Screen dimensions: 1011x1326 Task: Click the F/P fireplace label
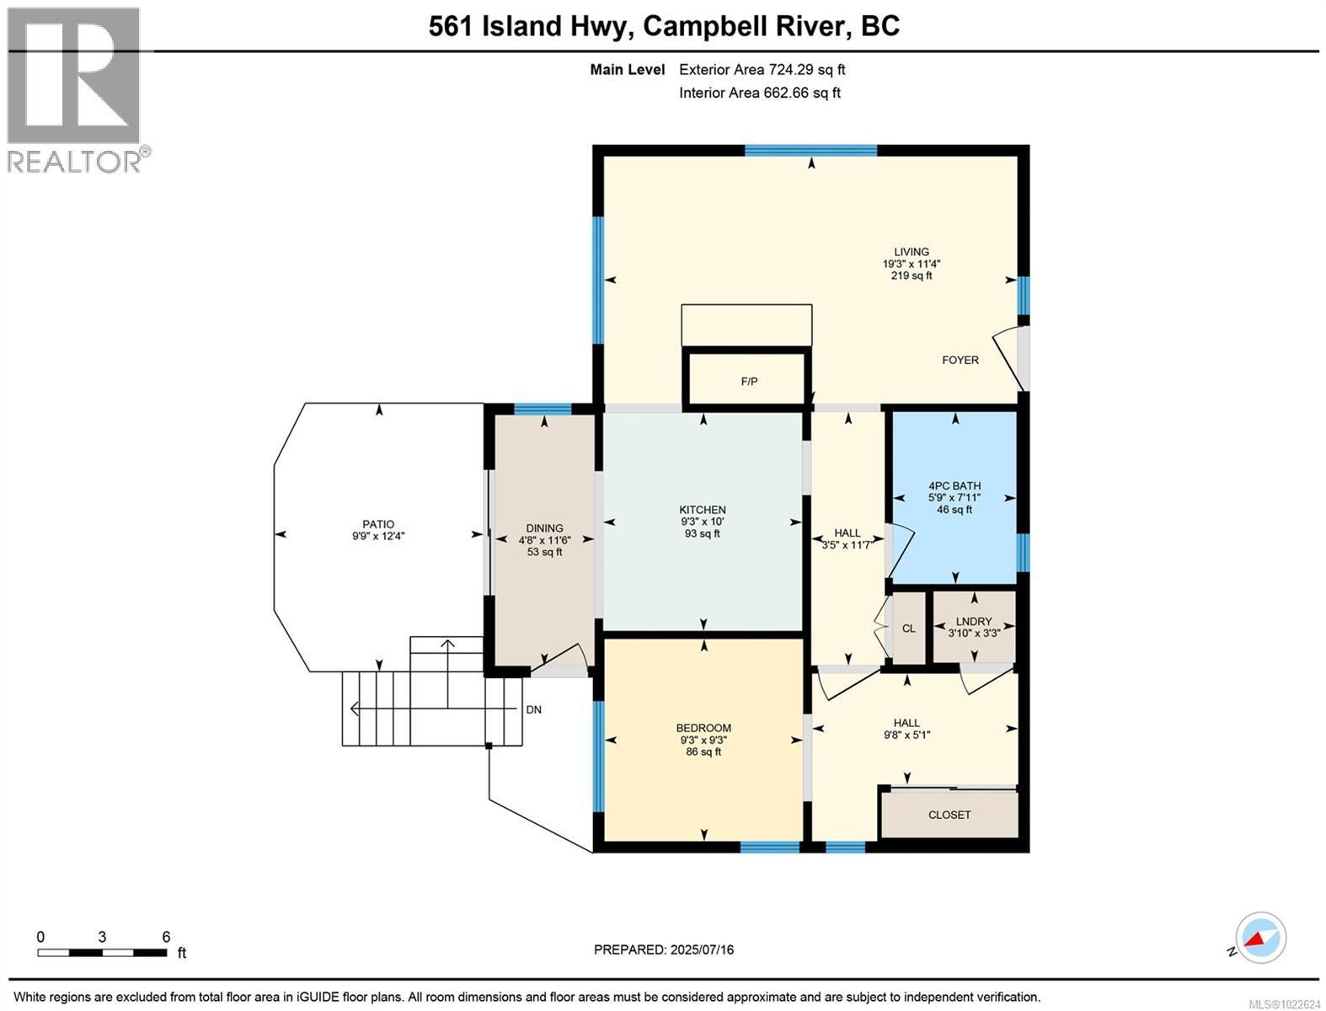pyautogui.click(x=749, y=382)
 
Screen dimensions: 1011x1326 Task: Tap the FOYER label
pyautogui.click(x=960, y=360)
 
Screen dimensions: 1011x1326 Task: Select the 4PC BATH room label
pyautogui.click(x=954, y=486)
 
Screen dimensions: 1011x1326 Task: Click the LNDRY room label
pyautogui.click(x=974, y=622)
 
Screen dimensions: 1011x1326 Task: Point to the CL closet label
pyautogui.click(x=908, y=629)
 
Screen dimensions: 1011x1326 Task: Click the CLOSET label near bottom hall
pyautogui.click(x=949, y=815)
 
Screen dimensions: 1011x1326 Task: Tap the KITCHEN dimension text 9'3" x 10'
pyautogui.click(x=702, y=522)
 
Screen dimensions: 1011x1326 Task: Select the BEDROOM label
pyautogui.click(x=703, y=728)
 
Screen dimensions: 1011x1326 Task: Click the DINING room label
pyautogui.click(x=544, y=528)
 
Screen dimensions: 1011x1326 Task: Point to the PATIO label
pyautogui.click(x=378, y=524)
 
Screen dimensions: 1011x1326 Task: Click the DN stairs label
pyautogui.click(x=533, y=709)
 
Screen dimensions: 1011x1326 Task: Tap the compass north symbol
pyautogui.click(x=1260, y=938)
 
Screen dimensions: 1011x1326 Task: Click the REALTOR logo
pyautogui.click(x=73, y=89)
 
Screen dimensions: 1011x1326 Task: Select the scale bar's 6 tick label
pyautogui.click(x=166, y=937)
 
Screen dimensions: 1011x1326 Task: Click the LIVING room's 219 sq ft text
pyautogui.click(x=912, y=275)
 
